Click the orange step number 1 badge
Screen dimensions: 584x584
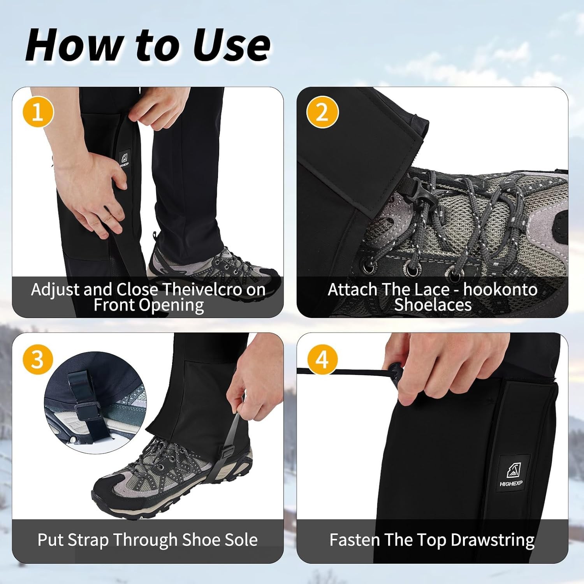tap(38, 112)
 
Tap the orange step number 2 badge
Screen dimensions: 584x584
tap(322, 112)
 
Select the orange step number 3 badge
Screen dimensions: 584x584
tap(38, 359)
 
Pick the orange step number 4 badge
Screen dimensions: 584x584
tap(322, 359)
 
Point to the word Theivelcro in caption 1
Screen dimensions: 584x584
tap(202, 290)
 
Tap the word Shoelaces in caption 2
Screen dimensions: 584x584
tap(433, 305)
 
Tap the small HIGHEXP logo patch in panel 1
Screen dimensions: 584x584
tap(124, 159)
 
